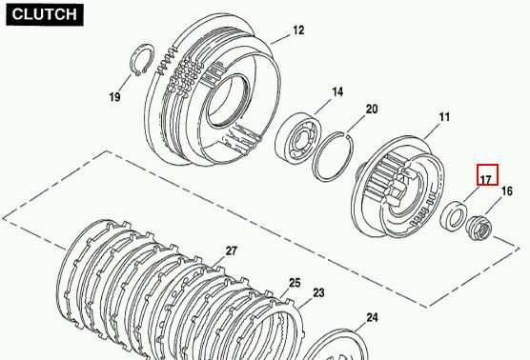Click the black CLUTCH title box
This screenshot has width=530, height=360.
pos(45,15)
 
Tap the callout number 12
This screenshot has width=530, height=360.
pos(298,30)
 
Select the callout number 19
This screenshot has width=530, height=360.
pos(114,97)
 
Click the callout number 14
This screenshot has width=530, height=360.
pos(337,91)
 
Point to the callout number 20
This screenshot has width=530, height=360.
pos(372,110)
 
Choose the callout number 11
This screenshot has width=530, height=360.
pos(444,117)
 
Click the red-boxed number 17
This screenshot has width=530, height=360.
pos(487,175)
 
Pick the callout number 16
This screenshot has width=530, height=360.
pos(507,191)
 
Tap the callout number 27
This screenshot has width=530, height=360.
pos(232,250)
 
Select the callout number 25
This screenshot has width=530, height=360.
pos(295,283)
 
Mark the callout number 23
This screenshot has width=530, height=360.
pos(318,292)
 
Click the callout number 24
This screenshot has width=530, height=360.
pos(372,317)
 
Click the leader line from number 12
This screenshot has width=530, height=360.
pos(280,39)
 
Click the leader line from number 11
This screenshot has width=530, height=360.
pos(431,131)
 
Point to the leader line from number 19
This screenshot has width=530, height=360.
pos(125,84)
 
